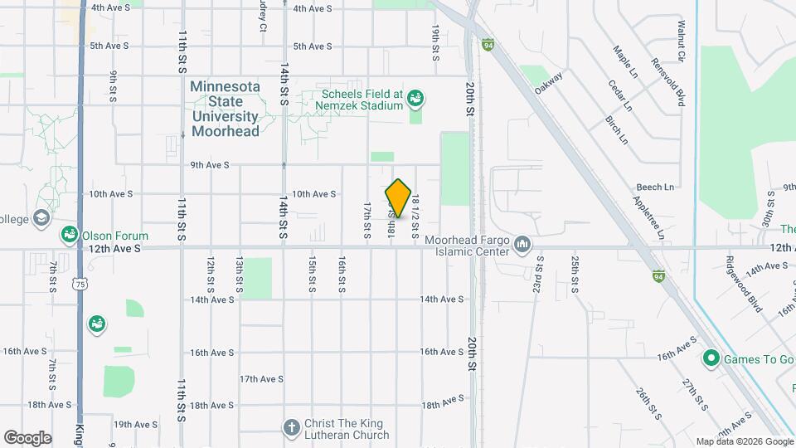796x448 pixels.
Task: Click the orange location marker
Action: tap(398, 198)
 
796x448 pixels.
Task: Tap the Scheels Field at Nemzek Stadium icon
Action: tap(416, 100)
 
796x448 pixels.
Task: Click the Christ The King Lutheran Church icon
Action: tap(291, 427)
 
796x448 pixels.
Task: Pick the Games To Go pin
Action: tap(711, 359)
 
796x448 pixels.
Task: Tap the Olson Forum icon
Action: tap(69, 236)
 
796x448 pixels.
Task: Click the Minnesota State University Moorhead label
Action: tap(226, 109)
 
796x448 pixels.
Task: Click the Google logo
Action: tap(27, 438)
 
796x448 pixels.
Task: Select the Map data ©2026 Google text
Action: tap(744, 441)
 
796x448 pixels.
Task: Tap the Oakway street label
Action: tap(549, 82)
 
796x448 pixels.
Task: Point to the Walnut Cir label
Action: tap(681, 41)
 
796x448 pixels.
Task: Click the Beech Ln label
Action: tap(655, 187)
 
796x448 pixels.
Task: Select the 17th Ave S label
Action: tap(261, 379)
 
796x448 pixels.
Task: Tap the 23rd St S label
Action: tap(539, 274)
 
